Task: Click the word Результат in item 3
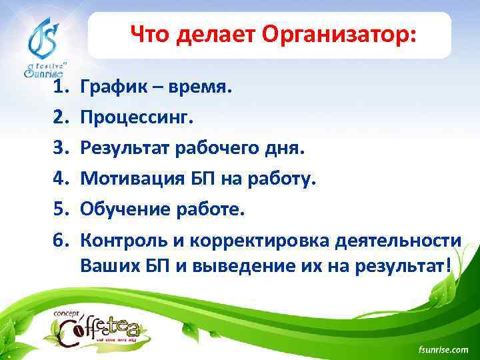point(125,148)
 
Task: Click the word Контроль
point(122,241)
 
